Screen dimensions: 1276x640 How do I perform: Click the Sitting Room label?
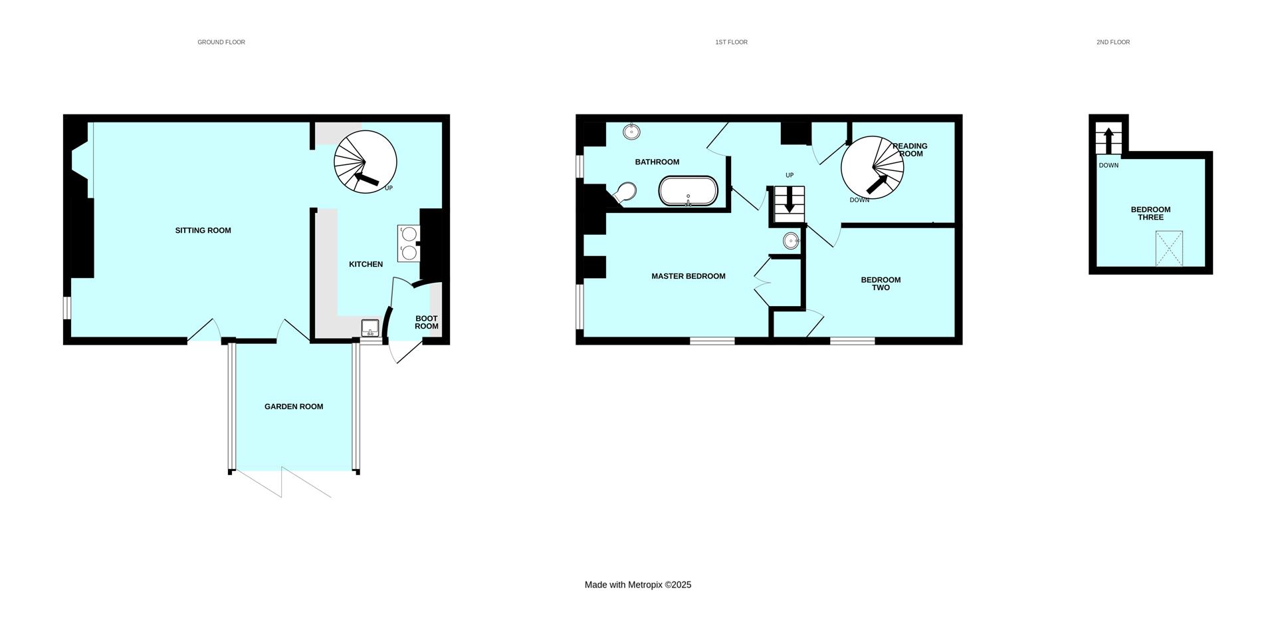(203, 231)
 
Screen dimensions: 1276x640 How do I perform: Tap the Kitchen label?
(366, 264)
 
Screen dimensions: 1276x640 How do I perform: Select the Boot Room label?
(427, 322)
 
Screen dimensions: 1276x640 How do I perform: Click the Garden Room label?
(294, 406)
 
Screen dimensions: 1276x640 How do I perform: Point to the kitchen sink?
(370, 328)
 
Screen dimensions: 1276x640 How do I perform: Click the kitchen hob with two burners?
(409, 243)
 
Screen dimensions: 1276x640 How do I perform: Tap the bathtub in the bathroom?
(688, 191)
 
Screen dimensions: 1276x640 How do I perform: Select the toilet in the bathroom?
(625, 193)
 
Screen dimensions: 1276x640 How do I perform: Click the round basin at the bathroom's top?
(631, 132)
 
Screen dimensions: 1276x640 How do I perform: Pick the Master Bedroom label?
(689, 276)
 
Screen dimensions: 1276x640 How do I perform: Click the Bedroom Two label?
(881, 284)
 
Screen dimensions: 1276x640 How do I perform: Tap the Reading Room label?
(910, 150)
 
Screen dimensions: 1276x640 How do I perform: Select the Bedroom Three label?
(1151, 214)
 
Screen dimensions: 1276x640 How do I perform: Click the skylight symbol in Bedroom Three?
(1169, 248)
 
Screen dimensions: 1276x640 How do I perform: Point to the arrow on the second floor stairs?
(1109, 140)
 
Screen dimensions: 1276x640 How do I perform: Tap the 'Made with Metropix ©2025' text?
(638, 585)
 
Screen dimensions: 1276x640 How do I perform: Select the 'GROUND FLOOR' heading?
(221, 42)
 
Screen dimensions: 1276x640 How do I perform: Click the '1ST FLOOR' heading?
(731, 42)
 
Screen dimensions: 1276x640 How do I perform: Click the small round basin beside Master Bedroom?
(791, 241)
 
